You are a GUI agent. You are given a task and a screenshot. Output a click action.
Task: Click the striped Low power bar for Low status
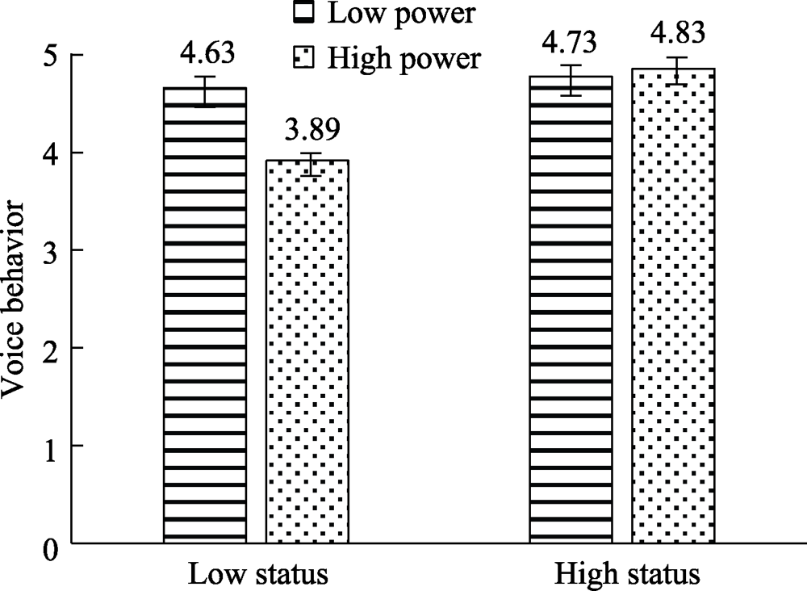pos(205,315)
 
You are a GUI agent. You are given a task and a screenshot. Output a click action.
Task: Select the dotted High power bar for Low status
pos(307,351)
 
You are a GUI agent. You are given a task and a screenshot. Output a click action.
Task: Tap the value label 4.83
pos(673,34)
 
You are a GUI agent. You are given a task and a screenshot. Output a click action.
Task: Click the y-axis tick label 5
pos(52,55)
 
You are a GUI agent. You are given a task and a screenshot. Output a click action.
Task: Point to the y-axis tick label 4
pos(52,153)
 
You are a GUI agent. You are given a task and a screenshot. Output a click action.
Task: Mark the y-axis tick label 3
pos(52,250)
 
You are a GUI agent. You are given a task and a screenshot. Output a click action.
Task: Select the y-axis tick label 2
pos(52,348)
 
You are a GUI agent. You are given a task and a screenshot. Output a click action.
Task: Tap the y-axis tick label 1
pos(52,446)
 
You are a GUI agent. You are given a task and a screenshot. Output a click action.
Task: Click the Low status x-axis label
pos(258,575)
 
